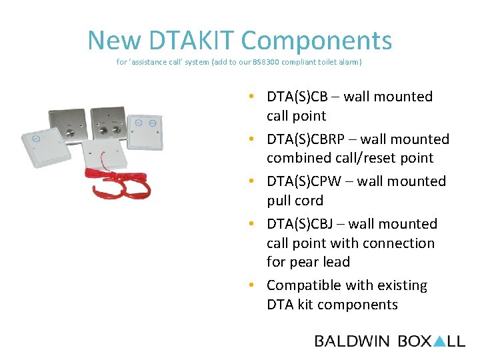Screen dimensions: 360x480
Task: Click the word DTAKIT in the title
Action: click(x=193, y=41)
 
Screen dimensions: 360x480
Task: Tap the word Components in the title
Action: click(x=317, y=41)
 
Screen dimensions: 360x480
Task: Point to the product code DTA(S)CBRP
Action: click(x=304, y=139)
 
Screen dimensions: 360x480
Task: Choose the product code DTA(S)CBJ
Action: click(x=298, y=224)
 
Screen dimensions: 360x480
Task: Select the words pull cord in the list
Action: click(x=295, y=201)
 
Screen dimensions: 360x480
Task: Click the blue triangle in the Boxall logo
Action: click(x=439, y=341)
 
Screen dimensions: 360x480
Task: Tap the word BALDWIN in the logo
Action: click(x=352, y=341)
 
